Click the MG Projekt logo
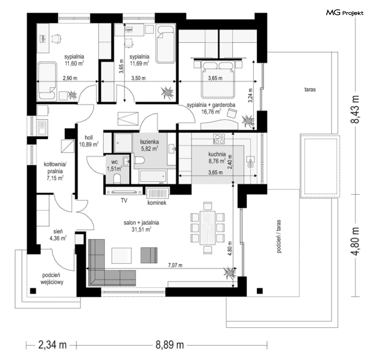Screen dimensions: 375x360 click(x=345, y=13)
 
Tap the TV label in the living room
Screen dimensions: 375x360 click(x=124, y=201)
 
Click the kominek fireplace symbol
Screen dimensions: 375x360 click(x=157, y=193)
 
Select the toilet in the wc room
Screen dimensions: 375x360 click(x=117, y=178)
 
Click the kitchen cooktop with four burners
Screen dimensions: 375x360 click(x=219, y=139)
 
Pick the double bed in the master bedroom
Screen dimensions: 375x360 click(x=217, y=79)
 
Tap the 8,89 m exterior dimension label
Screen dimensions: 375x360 click(x=170, y=345)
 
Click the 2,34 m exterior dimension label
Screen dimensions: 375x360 click(x=52, y=345)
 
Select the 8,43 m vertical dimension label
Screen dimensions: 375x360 click(x=355, y=109)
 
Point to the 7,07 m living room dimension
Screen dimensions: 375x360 click(x=175, y=265)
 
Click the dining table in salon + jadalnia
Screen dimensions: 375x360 click(x=207, y=228)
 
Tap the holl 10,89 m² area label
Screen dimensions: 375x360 click(x=89, y=141)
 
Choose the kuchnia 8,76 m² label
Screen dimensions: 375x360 click(x=217, y=158)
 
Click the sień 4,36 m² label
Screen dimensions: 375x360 click(x=58, y=235)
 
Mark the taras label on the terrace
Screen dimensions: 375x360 click(x=310, y=89)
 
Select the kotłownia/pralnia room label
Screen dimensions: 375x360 click(x=55, y=171)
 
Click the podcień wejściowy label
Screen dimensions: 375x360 click(x=52, y=278)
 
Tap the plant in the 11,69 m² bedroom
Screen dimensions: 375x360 click(x=167, y=93)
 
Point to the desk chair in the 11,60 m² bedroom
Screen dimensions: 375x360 click(x=56, y=39)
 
